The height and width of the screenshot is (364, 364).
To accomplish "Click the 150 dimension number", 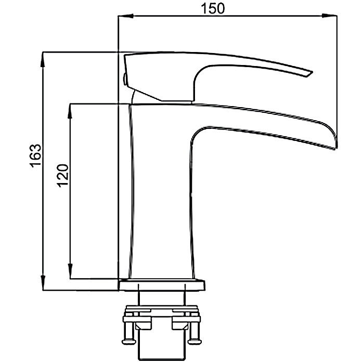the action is (213, 9).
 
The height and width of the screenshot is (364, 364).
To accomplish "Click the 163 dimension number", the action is (35, 155).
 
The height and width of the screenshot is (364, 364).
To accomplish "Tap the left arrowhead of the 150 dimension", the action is (126, 16).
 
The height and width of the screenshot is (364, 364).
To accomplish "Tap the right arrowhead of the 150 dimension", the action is (329, 16).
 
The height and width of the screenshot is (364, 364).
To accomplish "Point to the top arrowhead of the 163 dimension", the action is (43, 60).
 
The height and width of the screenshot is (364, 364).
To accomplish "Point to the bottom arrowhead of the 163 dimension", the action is (43, 282).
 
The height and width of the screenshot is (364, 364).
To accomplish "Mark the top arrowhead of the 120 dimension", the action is (70, 111).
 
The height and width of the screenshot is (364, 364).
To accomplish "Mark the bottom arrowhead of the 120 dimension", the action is (70, 271).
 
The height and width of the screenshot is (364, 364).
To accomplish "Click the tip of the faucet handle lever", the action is (310, 74).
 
